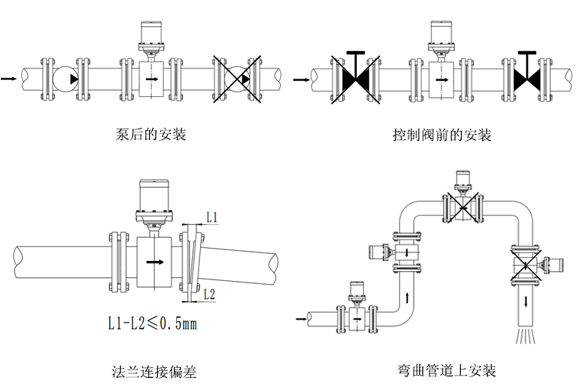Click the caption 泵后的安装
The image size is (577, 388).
[151, 135]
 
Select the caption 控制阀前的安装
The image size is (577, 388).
[442, 135]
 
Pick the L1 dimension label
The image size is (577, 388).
[212, 219]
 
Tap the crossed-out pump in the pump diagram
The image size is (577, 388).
[235, 78]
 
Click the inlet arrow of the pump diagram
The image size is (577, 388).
[8, 78]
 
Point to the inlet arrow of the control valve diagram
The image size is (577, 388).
[299, 77]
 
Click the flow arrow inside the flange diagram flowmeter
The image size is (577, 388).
[156, 263]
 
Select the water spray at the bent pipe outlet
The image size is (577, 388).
[526, 338]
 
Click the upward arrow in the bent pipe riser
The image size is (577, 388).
[406, 295]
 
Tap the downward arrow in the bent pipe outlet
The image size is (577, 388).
[526, 300]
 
